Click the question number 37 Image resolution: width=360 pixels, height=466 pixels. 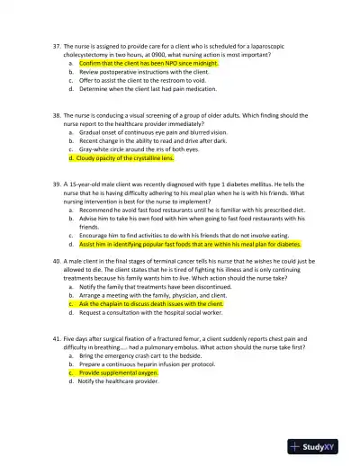point(56,44)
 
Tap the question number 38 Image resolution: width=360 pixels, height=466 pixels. point(56,116)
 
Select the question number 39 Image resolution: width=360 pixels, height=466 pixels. point(56,183)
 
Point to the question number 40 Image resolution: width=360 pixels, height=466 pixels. point(56,261)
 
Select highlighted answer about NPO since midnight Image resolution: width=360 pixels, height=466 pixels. point(148,64)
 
